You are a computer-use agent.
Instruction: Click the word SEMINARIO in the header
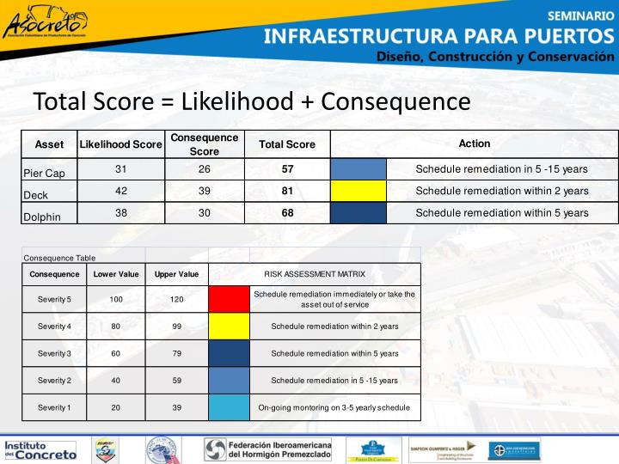(x=580, y=15)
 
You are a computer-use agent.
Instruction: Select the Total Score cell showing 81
(x=287, y=191)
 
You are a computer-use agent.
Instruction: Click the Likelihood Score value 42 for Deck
(x=120, y=191)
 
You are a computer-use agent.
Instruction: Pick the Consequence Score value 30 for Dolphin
(x=204, y=212)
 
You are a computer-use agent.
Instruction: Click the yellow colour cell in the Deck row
(x=358, y=191)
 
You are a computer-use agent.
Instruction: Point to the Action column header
(x=474, y=143)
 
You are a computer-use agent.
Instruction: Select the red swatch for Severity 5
(x=229, y=299)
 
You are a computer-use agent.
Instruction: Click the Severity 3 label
(x=53, y=353)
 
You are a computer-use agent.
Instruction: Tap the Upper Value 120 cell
(x=176, y=299)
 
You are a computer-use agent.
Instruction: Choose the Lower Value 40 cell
(x=115, y=381)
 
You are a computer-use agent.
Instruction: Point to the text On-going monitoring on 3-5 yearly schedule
(x=334, y=407)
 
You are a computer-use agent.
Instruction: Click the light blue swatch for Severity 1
(x=229, y=407)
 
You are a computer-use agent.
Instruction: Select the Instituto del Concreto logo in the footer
(x=40, y=449)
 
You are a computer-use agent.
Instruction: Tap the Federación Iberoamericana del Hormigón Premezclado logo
(x=267, y=449)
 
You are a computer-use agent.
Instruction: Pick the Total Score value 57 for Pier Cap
(x=287, y=169)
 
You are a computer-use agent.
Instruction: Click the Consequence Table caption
(x=59, y=258)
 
